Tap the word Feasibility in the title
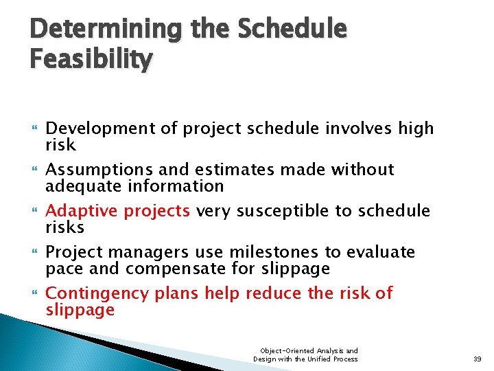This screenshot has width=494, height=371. click(91, 60)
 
